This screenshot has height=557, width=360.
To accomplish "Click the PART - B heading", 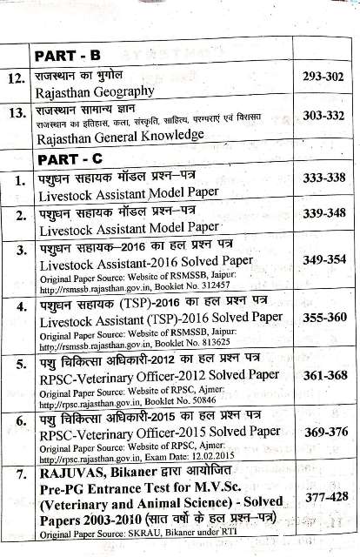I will click(x=69, y=56).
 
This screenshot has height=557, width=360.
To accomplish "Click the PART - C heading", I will click(x=70, y=159).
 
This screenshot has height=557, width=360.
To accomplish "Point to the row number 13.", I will click(x=15, y=113).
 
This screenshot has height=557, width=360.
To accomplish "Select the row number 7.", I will click(x=17, y=477).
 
